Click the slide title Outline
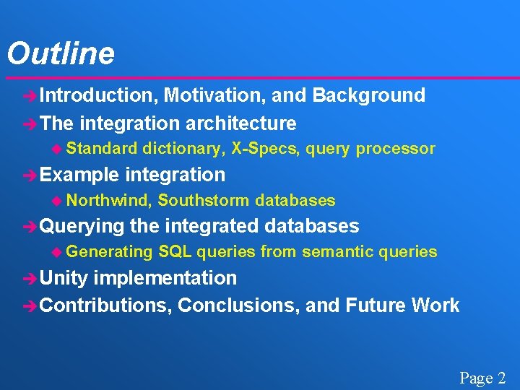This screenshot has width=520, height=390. click(x=61, y=53)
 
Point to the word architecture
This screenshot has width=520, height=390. click(x=241, y=123)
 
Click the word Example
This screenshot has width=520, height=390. click(x=80, y=175)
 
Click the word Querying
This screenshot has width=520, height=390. click(x=82, y=227)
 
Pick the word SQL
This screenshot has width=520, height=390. click(x=175, y=252)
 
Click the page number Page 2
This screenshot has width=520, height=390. click(x=483, y=378)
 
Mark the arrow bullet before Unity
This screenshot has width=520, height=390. click(x=30, y=279)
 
